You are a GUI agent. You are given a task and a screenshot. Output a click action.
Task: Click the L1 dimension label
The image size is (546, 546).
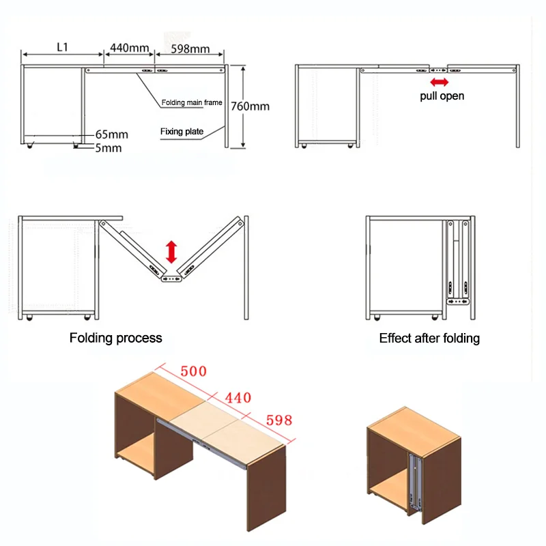coord(62,46)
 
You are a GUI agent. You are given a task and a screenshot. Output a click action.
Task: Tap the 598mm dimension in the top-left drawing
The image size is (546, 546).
coord(190,48)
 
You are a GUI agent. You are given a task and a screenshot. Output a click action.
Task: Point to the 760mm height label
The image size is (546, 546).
coord(250,106)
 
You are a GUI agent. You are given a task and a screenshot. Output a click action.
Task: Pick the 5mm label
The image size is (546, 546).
coord(109,147)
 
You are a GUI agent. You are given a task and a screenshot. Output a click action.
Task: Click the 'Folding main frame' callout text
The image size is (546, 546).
coord(192,103)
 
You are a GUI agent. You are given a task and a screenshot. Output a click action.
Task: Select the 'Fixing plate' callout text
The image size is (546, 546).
coord(182,131)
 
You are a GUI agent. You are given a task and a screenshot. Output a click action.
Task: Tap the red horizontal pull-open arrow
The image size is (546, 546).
coord(439,82)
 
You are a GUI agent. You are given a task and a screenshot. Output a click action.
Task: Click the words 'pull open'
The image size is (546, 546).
coord(442,96)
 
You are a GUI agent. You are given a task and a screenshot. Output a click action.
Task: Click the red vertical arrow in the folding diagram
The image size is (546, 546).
coord(171,252)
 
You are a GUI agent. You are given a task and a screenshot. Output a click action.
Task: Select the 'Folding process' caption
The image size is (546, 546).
coord(116,338)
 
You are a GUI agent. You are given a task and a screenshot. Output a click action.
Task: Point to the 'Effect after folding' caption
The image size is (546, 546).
coord(429,338)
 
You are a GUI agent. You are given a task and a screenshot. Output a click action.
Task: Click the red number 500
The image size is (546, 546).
coord(192,373)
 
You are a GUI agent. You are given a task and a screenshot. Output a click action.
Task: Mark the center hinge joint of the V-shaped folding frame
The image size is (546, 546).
coord(171,278)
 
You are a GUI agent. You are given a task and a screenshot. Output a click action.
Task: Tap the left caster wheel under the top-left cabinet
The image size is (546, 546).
coord(31,145)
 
